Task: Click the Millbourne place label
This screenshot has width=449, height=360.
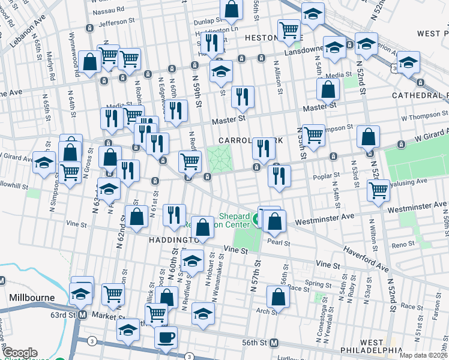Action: (x=32, y=298)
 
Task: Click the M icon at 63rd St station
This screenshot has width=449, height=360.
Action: (x=83, y=314)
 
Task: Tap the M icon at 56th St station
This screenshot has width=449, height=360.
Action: (x=274, y=343)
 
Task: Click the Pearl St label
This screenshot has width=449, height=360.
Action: (x=279, y=244)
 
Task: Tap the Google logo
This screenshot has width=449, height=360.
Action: (x=20, y=353)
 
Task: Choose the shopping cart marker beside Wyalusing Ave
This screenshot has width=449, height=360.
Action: (x=378, y=190)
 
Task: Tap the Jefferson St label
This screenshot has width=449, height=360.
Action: (x=117, y=22)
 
